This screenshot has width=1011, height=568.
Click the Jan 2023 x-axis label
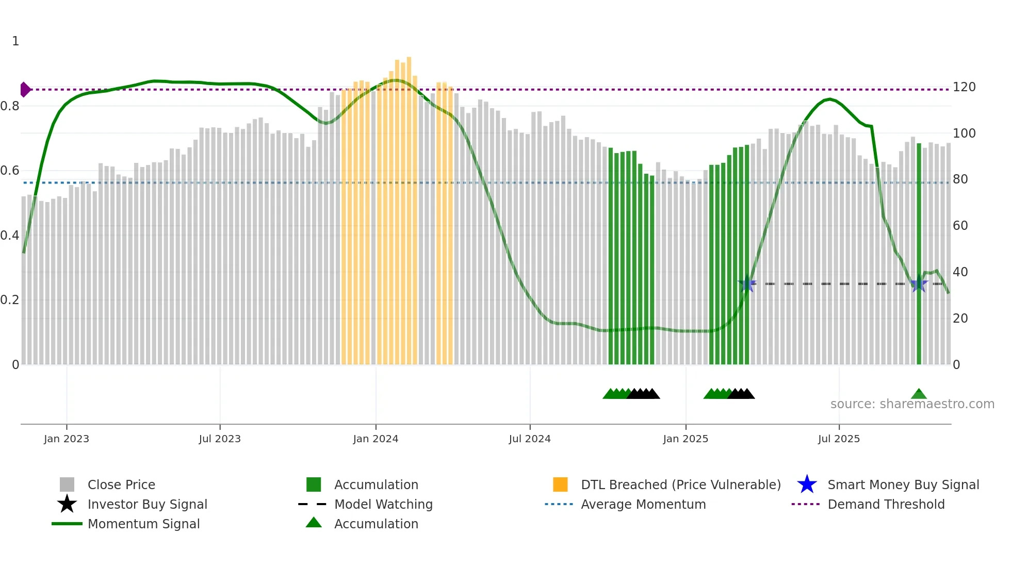click(66, 439)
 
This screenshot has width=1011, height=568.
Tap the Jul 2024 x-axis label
click(530, 439)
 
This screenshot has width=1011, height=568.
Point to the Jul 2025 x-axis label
click(839, 439)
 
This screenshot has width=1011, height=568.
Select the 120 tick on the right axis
click(964, 87)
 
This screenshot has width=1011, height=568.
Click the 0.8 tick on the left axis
click(10, 106)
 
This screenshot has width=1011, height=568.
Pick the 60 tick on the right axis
click(960, 226)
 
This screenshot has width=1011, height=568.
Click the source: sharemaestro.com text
click(912, 404)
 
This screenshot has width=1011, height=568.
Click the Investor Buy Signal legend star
click(67, 504)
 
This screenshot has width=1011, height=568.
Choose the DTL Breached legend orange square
click(560, 485)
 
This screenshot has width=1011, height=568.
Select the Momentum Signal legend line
click(67, 524)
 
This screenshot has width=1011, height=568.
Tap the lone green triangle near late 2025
click(919, 394)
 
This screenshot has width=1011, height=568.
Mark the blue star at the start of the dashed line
click(746, 283)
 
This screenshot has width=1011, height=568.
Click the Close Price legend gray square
click(67, 485)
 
